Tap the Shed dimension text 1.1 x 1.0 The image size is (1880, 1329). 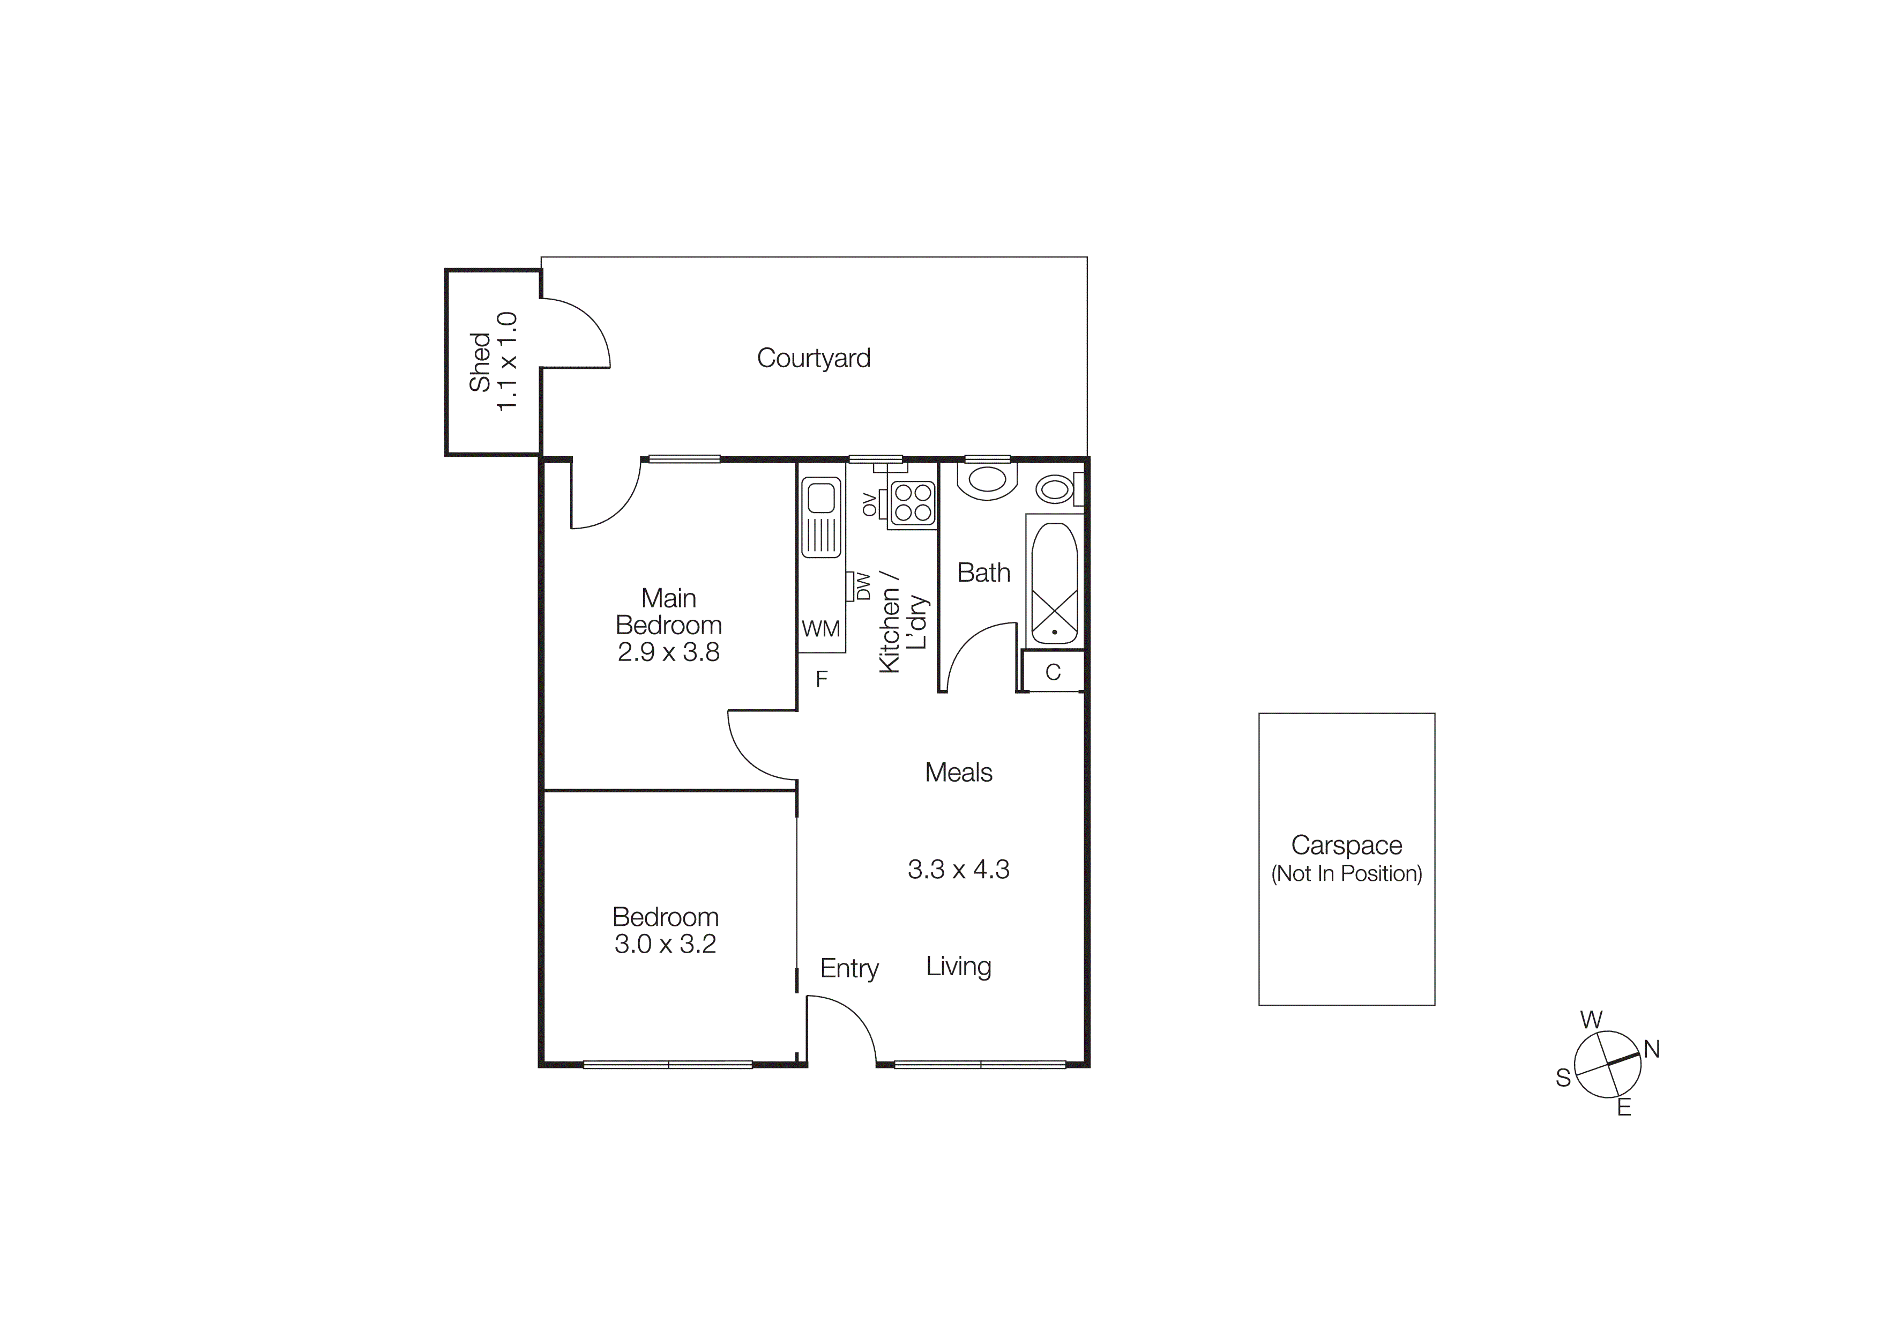click(508, 361)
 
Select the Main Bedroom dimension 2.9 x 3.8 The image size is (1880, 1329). click(668, 652)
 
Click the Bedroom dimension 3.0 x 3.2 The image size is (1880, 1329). click(665, 944)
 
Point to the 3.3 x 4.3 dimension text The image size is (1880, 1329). click(958, 869)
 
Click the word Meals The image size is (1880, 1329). click(958, 772)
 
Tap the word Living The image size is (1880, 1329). click(958, 966)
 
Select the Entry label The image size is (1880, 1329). click(849, 969)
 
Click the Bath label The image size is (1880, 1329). click(983, 573)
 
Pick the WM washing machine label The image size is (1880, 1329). click(820, 629)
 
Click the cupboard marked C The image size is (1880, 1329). click(1053, 672)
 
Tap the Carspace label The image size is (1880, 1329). click(1346, 845)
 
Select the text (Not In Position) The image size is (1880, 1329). click(1346, 874)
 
